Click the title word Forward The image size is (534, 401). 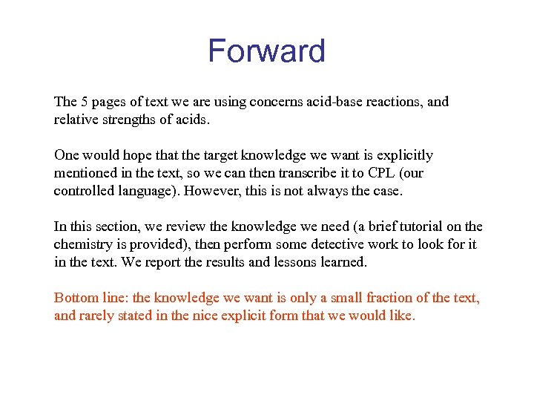266,51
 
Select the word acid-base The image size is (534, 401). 310,102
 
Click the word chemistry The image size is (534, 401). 84,244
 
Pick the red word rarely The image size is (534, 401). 97,316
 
